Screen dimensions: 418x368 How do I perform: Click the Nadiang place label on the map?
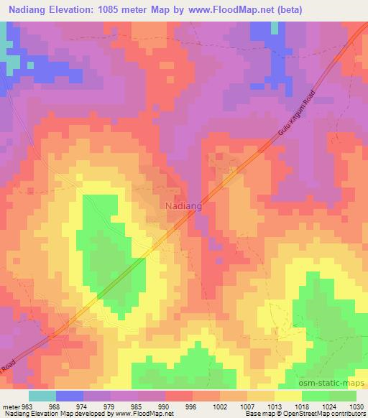183,205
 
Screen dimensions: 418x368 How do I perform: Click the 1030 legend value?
356,406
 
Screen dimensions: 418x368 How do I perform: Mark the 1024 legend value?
328,406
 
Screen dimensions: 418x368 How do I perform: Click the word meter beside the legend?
11,406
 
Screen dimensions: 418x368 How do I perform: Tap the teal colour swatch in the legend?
42,396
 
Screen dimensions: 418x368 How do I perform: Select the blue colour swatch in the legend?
69,396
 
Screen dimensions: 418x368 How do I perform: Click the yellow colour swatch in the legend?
287,396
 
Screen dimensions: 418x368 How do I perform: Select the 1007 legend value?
247,406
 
